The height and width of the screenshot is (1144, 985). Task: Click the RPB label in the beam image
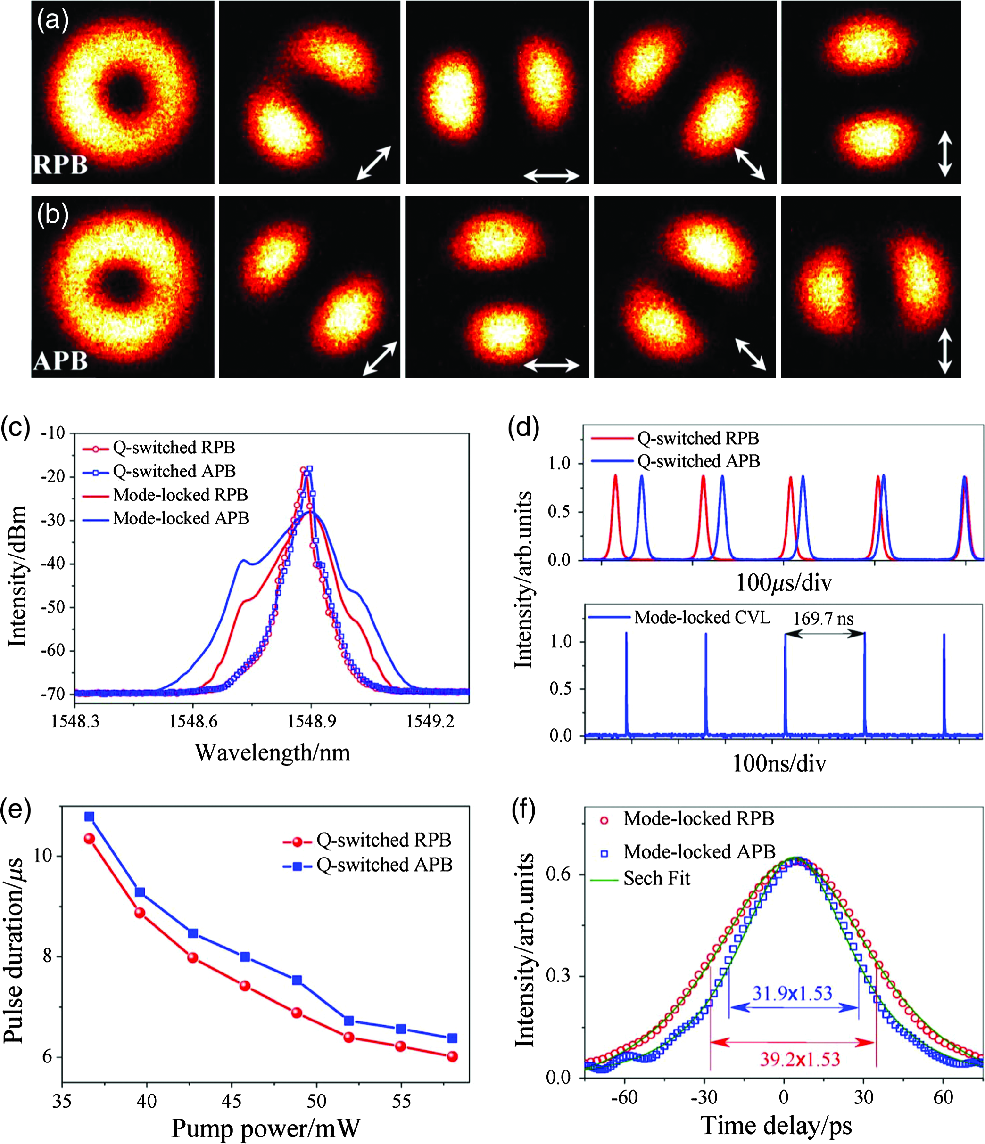(x=60, y=164)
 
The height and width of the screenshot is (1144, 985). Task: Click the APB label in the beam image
(x=60, y=361)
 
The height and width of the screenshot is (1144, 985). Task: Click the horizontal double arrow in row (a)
(x=551, y=176)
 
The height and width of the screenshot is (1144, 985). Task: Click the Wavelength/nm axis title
(x=273, y=752)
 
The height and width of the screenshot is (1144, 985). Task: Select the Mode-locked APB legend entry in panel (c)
(x=166, y=518)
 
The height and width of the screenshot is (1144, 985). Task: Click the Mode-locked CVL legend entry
(x=679, y=617)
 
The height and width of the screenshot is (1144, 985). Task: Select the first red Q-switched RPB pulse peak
(x=615, y=475)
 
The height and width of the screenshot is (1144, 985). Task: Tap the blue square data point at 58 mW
(x=452, y=1038)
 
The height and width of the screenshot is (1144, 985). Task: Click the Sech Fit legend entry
(x=641, y=878)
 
